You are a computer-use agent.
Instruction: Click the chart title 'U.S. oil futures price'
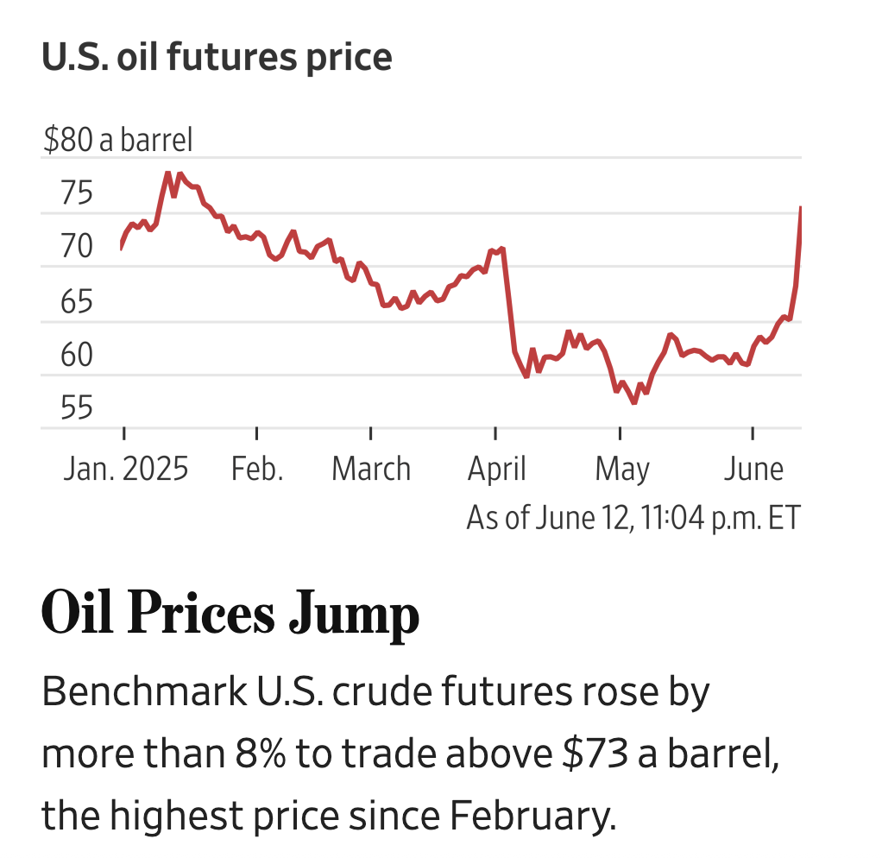click(217, 58)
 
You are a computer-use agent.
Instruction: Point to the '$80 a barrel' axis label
click(118, 140)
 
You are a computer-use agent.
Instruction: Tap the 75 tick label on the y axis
click(77, 193)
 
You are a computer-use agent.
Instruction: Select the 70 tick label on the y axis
click(77, 247)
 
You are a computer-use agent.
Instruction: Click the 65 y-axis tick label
click(77, 301)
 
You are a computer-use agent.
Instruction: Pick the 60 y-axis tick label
click(77, 355)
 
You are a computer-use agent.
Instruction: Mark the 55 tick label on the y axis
click(77, 408)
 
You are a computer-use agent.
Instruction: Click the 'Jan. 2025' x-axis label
click(125, 470)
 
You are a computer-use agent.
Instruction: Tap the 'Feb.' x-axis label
click(257, 470)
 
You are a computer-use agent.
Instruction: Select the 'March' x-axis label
click(371, 470)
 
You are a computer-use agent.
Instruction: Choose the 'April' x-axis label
click(496, 470)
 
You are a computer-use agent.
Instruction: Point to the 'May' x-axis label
click(621, 470)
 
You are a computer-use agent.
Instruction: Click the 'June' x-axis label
click(753, 470)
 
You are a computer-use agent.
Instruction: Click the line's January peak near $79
click(168, 173)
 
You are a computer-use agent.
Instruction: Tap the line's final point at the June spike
click(801, 208)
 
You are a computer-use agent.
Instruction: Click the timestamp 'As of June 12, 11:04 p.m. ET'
click(633, 518)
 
